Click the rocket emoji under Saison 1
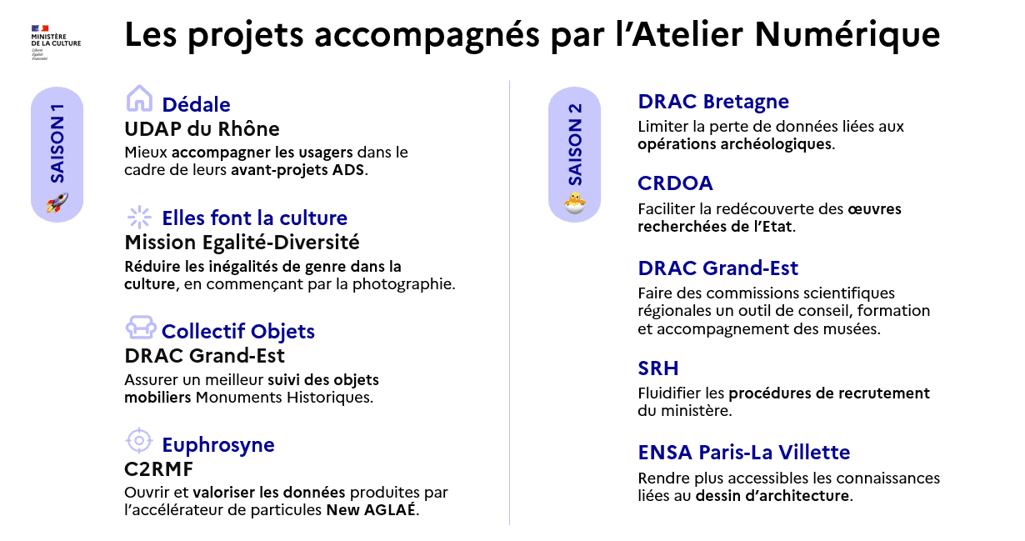pyautogui.click(x=57, y=203)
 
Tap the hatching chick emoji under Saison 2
pyautogui.click(x=574, y=203)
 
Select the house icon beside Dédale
pyautogui.click(x=139, y=98)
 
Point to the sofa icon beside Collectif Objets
pyautogui.click(x=140, y=326)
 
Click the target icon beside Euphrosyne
pyautogui.click(x=139, y=439)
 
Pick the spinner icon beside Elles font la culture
pyautogui.click(x=139, y=217)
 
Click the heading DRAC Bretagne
pyautogui.click(x=712, y=102)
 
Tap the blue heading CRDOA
pyautogui.click(x=675, y=183)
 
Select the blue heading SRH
pyautogui.click(x=658, y=368)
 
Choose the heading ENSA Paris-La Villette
pyautogui.click(x=743, y=453)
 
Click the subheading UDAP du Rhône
pyautogui.click(x=202, y=129)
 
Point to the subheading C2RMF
pyautogui.click(x=158, y=469)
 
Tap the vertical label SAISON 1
pyautogui.click(x=57, y=142)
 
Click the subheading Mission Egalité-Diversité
pyautogui.click(x=242, y=243)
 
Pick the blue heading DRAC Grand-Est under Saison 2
pyautogui.click(x=717, y=268)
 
